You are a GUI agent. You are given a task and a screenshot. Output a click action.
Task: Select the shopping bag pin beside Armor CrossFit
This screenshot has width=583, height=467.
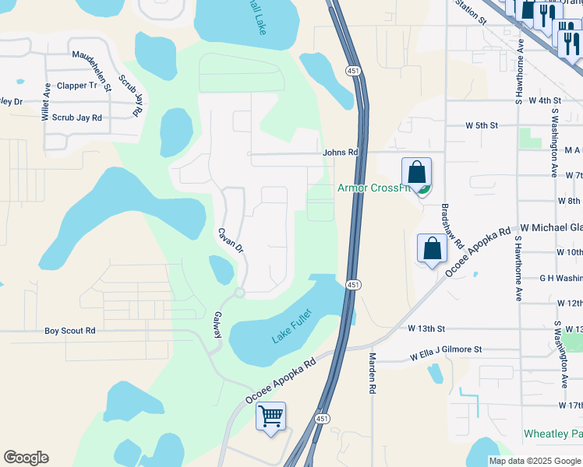[417, 173]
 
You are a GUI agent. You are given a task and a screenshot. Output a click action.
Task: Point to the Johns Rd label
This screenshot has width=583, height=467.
[340, 153]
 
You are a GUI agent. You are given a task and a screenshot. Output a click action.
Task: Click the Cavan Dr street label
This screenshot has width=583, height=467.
[231, 241]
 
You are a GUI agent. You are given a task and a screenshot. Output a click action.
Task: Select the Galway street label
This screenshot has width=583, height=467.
[218, 325]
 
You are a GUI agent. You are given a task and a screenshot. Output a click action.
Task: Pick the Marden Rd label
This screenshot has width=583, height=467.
[373, 372]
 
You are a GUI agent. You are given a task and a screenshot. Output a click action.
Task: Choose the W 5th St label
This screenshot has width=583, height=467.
[481, 125]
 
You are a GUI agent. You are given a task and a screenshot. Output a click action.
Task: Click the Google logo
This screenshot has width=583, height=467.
[26, 458]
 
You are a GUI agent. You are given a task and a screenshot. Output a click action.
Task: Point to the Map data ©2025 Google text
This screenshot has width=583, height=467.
[534, 461]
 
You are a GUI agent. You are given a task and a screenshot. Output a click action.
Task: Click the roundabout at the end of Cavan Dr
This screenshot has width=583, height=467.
[239, 293]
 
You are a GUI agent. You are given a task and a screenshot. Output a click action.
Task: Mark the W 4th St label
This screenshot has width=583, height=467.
[545, 101]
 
